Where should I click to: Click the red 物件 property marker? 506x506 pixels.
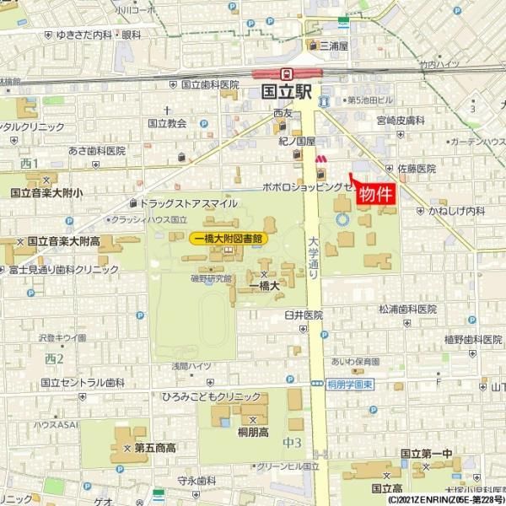[376, 193]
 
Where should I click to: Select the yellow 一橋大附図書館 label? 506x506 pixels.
[229, 239]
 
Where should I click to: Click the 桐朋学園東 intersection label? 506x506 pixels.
[348, 385]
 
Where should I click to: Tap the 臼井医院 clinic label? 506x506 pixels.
[304, 315]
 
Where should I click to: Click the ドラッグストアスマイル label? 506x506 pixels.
[188, 203]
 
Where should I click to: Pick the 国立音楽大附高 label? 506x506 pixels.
[63, 241]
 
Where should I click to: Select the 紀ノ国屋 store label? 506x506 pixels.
[297, 142]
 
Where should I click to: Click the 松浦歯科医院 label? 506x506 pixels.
[407, 310]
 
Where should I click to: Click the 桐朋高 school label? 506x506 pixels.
[252, 432]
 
